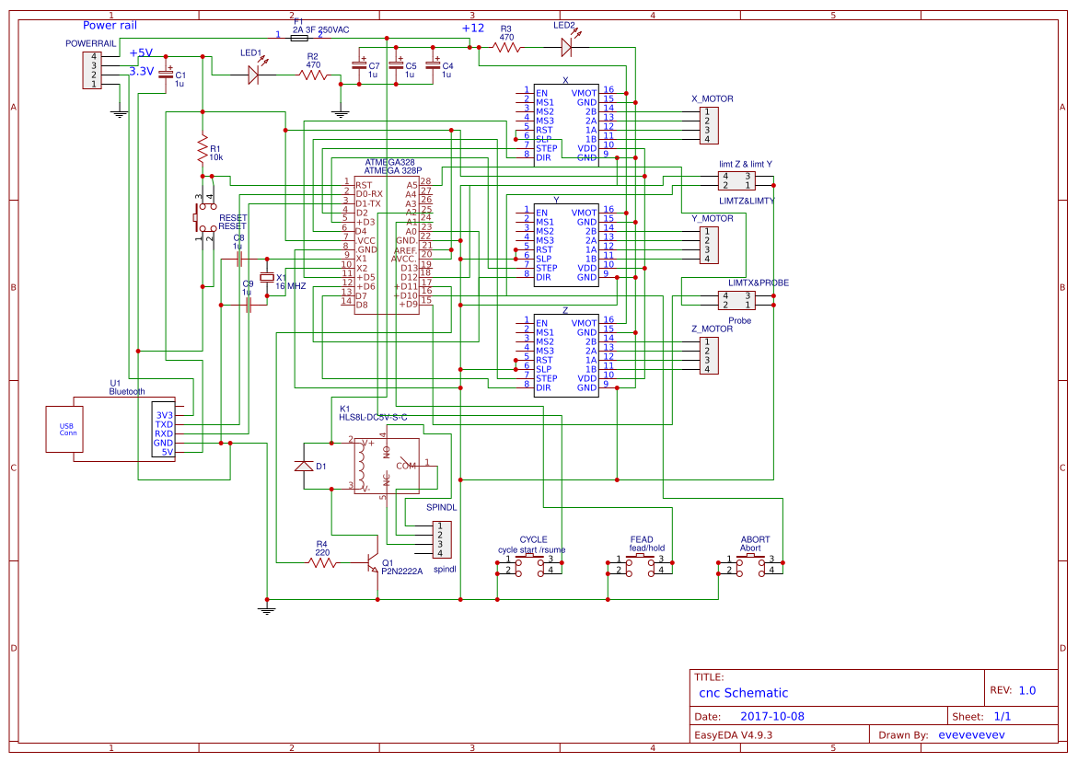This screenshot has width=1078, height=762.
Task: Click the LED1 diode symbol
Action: pyautogui.click(x=254, y=76)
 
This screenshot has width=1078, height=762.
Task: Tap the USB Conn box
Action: pyautogui.click(x=67, y=429)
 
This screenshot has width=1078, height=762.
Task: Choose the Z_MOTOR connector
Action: pyautogui.click(x=708, y=355)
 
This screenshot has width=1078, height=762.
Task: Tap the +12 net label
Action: pyautogui.click(x=472, y=29)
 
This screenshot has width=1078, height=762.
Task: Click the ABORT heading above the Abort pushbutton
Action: pyautogui.click(x=755, y=539)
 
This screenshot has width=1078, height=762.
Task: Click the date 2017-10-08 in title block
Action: pyautogui.click(x=771, y=716)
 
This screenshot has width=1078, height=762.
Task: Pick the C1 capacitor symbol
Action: pyautogui.click(x=166, y=75)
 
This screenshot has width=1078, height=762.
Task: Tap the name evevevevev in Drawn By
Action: pyautogui.click(x=970, y=735)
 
